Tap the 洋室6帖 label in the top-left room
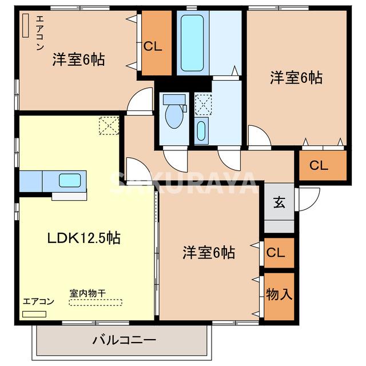coord(79,59)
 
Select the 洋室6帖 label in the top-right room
coord(296,78)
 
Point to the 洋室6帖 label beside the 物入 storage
coord(209,252)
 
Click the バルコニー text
coord(124,341)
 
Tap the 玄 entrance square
coord(279,202)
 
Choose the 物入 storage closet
coord(279,296)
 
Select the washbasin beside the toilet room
coord(201,130)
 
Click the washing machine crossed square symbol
coord(202,104)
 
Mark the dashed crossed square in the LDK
coord(109,125)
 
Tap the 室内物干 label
coord(87,293)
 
